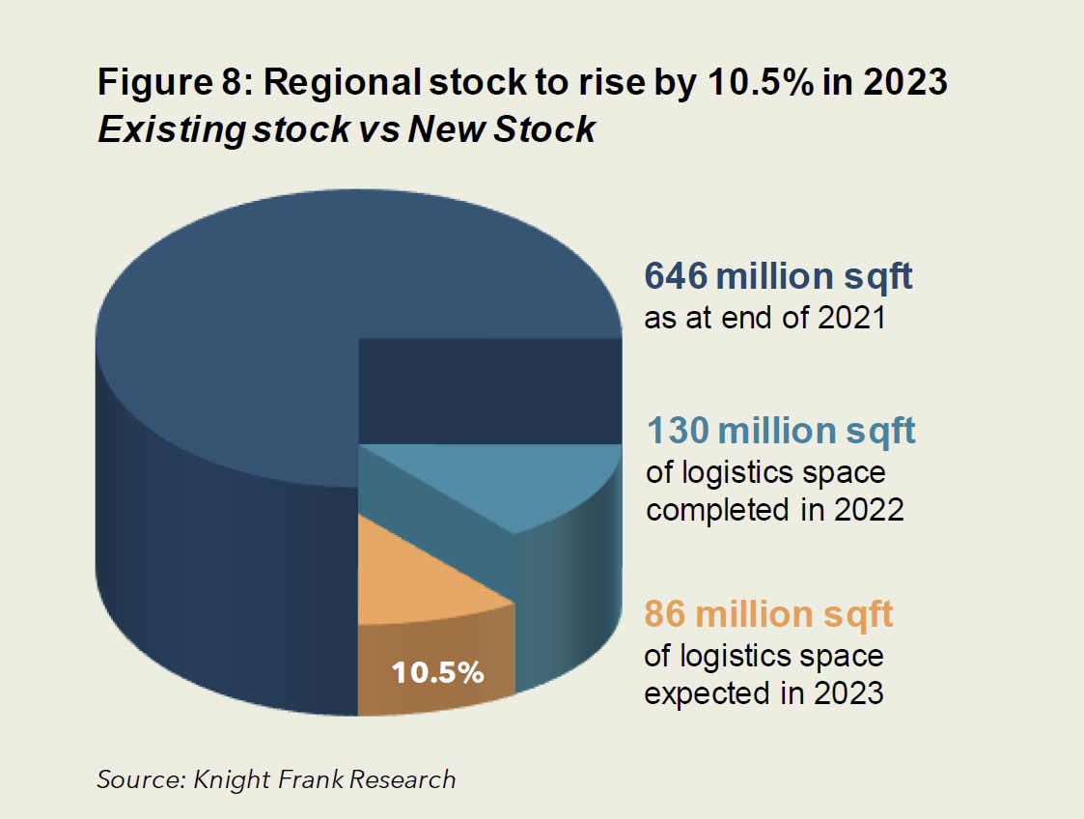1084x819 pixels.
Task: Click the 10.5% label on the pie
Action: point(437,673)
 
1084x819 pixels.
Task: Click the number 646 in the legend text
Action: point(676,277)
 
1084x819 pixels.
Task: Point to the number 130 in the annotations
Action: point(678,431)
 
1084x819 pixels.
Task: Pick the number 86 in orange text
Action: point(665,614)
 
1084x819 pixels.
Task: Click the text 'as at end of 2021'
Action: point(764,318)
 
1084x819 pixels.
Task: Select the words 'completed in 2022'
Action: point(774,509)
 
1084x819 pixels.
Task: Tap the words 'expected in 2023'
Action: point(764,692)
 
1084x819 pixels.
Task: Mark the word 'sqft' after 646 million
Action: point(875,277)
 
